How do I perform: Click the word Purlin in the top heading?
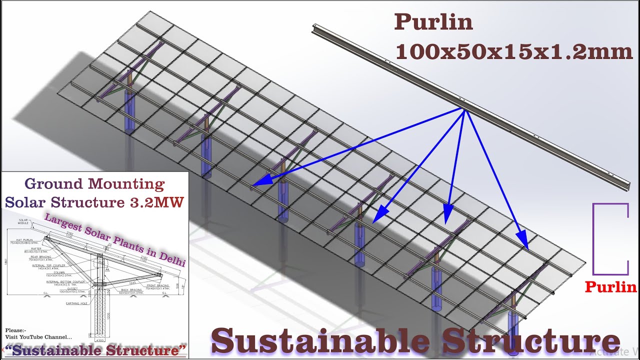[433, 22]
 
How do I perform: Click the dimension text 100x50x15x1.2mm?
[514, 52]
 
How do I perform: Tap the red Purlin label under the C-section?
[610, 287]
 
